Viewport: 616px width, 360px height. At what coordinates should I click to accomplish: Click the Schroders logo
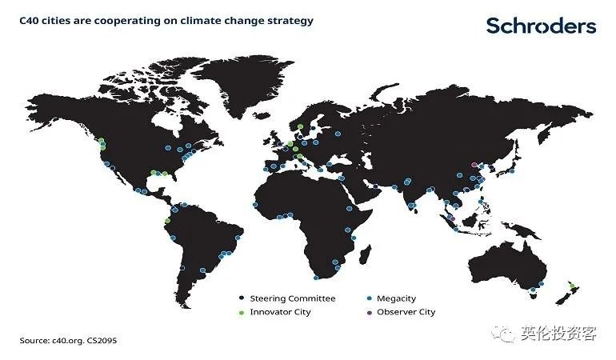click(541, 26)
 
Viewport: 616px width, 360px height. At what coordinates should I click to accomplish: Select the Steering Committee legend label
click(293, 298)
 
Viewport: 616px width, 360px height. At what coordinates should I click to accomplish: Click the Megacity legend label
click(396, 298)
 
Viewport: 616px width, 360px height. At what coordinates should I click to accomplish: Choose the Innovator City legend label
click(280, 312)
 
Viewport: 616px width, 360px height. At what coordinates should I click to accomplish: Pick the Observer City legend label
click(406, 312)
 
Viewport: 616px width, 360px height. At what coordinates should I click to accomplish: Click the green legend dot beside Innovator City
click(242, 313)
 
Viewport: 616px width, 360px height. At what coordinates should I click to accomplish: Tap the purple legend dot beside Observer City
click(369, 313)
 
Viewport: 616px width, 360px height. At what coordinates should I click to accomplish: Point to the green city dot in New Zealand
click(572, 286)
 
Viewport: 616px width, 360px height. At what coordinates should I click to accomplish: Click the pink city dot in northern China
click(474, 165)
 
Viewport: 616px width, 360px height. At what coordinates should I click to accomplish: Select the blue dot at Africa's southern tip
click(316, 278)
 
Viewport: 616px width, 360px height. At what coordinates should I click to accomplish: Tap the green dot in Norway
click(300, 126)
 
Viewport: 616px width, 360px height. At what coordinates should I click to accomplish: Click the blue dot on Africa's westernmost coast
click(255, 205)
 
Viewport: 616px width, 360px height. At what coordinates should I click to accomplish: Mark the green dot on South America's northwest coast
click(167, 221)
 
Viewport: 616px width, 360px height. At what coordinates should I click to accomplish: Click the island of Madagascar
click(366, 254)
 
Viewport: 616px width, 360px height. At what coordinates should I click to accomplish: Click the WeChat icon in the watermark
click(503, 334)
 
